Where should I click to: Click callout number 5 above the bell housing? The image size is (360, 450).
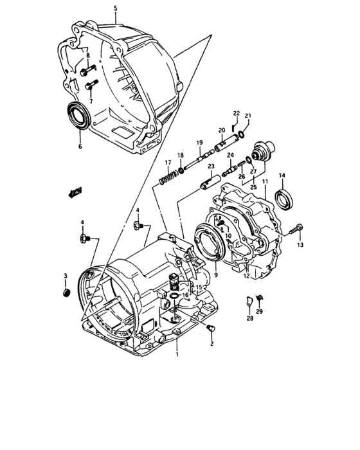[115, 8]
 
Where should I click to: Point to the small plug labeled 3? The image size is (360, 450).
[65, 293]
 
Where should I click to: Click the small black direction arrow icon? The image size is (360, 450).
[75, 190]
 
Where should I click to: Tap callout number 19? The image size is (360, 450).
[199, 142]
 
